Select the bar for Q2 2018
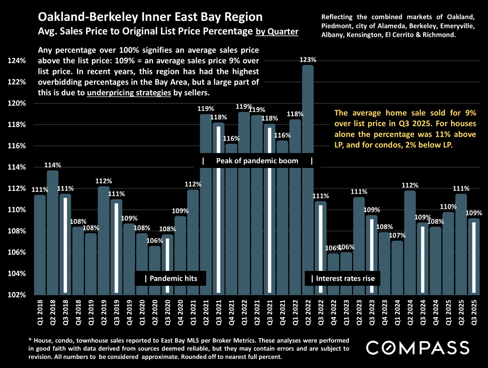(53, 232)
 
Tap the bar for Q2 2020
(155, 269)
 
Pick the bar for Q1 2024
(397, 267)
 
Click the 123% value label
(308, 60)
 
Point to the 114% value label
(53, 165)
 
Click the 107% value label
(397, 235)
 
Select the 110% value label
(448, 206)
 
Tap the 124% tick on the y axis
(17, 61)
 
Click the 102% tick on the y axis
(17, 295)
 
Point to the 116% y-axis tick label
(17, 146)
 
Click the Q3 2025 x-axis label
(474, 312)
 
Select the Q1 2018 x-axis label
(40, 312)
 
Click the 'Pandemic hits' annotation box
(171, 278)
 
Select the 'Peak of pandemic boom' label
(257, 161)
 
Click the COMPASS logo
(418, 348)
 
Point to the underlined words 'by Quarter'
(277, 31)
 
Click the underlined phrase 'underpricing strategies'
(129, 93)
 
